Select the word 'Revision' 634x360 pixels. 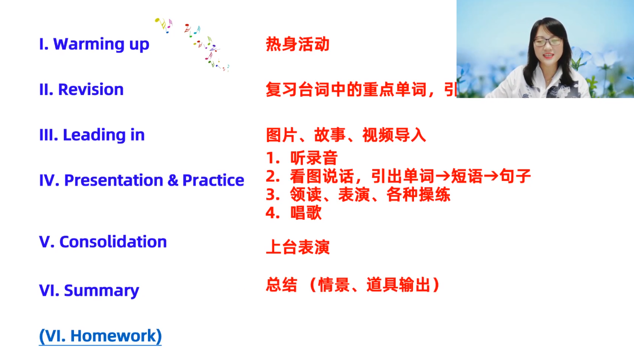[91, 90]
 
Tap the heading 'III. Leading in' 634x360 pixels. [92, 135]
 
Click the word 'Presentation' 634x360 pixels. [114, 180]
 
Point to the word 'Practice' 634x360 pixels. [213, 180]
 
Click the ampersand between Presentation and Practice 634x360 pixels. [173, 181]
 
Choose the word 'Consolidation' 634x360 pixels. [113, 242]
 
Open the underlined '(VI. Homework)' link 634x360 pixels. [100, 336]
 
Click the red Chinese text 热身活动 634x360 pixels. [298, 44]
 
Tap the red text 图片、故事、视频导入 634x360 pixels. [346, 135]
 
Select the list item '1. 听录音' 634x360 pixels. [302, 158]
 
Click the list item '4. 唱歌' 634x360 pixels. [294, 212]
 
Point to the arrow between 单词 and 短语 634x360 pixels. [443, 176]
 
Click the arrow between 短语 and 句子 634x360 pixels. [491, 176]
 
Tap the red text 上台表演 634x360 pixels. [298, 247]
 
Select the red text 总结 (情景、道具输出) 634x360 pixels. [353, 285]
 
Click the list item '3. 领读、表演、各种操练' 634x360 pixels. [358, 195]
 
